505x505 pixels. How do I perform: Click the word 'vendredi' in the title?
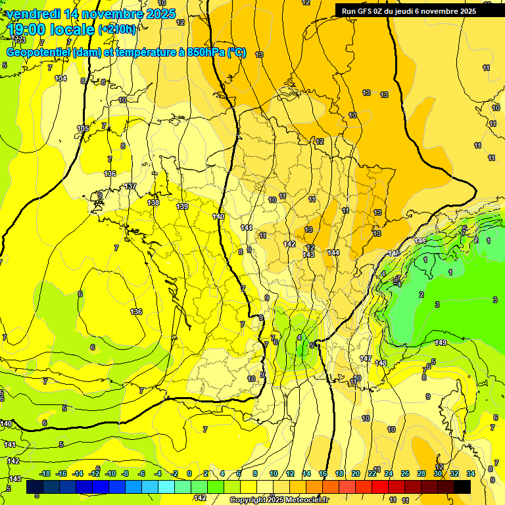[33, 14]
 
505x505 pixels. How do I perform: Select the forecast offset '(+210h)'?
[118, 29]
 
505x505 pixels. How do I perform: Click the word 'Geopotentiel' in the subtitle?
[39, 53]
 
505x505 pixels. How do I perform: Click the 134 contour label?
[60, 78]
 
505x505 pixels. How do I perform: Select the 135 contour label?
[83, 128]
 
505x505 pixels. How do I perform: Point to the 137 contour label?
[131, 186]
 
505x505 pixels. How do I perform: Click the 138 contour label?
[153, 203]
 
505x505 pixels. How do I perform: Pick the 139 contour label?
[183, 206]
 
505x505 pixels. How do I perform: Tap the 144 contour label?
[333, 252]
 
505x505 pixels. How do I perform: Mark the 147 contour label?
[366, 358]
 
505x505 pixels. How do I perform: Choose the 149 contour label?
[441, 343]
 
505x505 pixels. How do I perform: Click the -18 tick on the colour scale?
[45, 473]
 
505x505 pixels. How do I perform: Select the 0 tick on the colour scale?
[189, 473]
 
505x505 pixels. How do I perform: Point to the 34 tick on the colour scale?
[471, 473]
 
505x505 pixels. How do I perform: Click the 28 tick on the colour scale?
[421, 473]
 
